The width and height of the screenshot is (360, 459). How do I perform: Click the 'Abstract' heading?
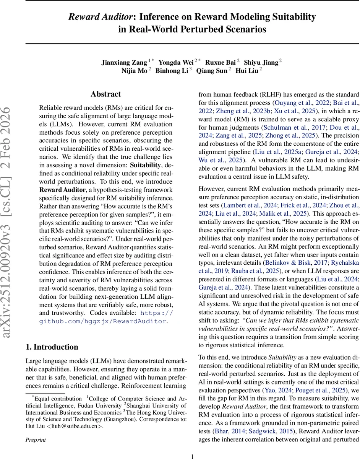click(x=105, y=94)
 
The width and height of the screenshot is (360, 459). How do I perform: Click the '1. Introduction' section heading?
click(x=52, y=347)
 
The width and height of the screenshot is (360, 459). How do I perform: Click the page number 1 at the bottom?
click(x=193, y=456)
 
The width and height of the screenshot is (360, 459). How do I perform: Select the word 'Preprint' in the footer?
click(x=36, y=440)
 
